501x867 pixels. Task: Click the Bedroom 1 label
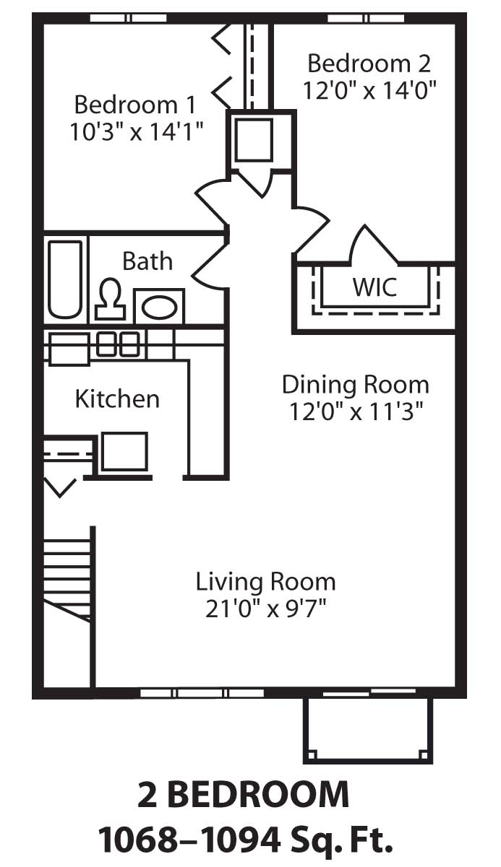[x=134, y=105]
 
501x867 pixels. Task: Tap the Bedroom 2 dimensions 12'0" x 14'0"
[x=369, y=90]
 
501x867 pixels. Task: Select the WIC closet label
[x=374, y=287]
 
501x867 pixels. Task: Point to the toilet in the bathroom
[x=110, y=299]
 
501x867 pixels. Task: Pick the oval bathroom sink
[x=160, y=307]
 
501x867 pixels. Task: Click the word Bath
[x=147, y=261]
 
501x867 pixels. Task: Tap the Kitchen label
[x=117, y=398]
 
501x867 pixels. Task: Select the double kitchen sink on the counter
[x=118, y=344]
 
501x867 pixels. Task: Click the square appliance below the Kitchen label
[x=124, y=452]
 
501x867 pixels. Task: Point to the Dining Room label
[x=355, y=384]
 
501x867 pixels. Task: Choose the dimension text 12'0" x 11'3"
[x=355, y=411]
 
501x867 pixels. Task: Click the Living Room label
[x=265, y=581]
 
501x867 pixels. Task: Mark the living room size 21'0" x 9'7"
[x=265, y=609]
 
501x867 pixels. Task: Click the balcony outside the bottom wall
[x=367, y=729]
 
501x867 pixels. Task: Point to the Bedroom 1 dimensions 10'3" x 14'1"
[x=136, y=131]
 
